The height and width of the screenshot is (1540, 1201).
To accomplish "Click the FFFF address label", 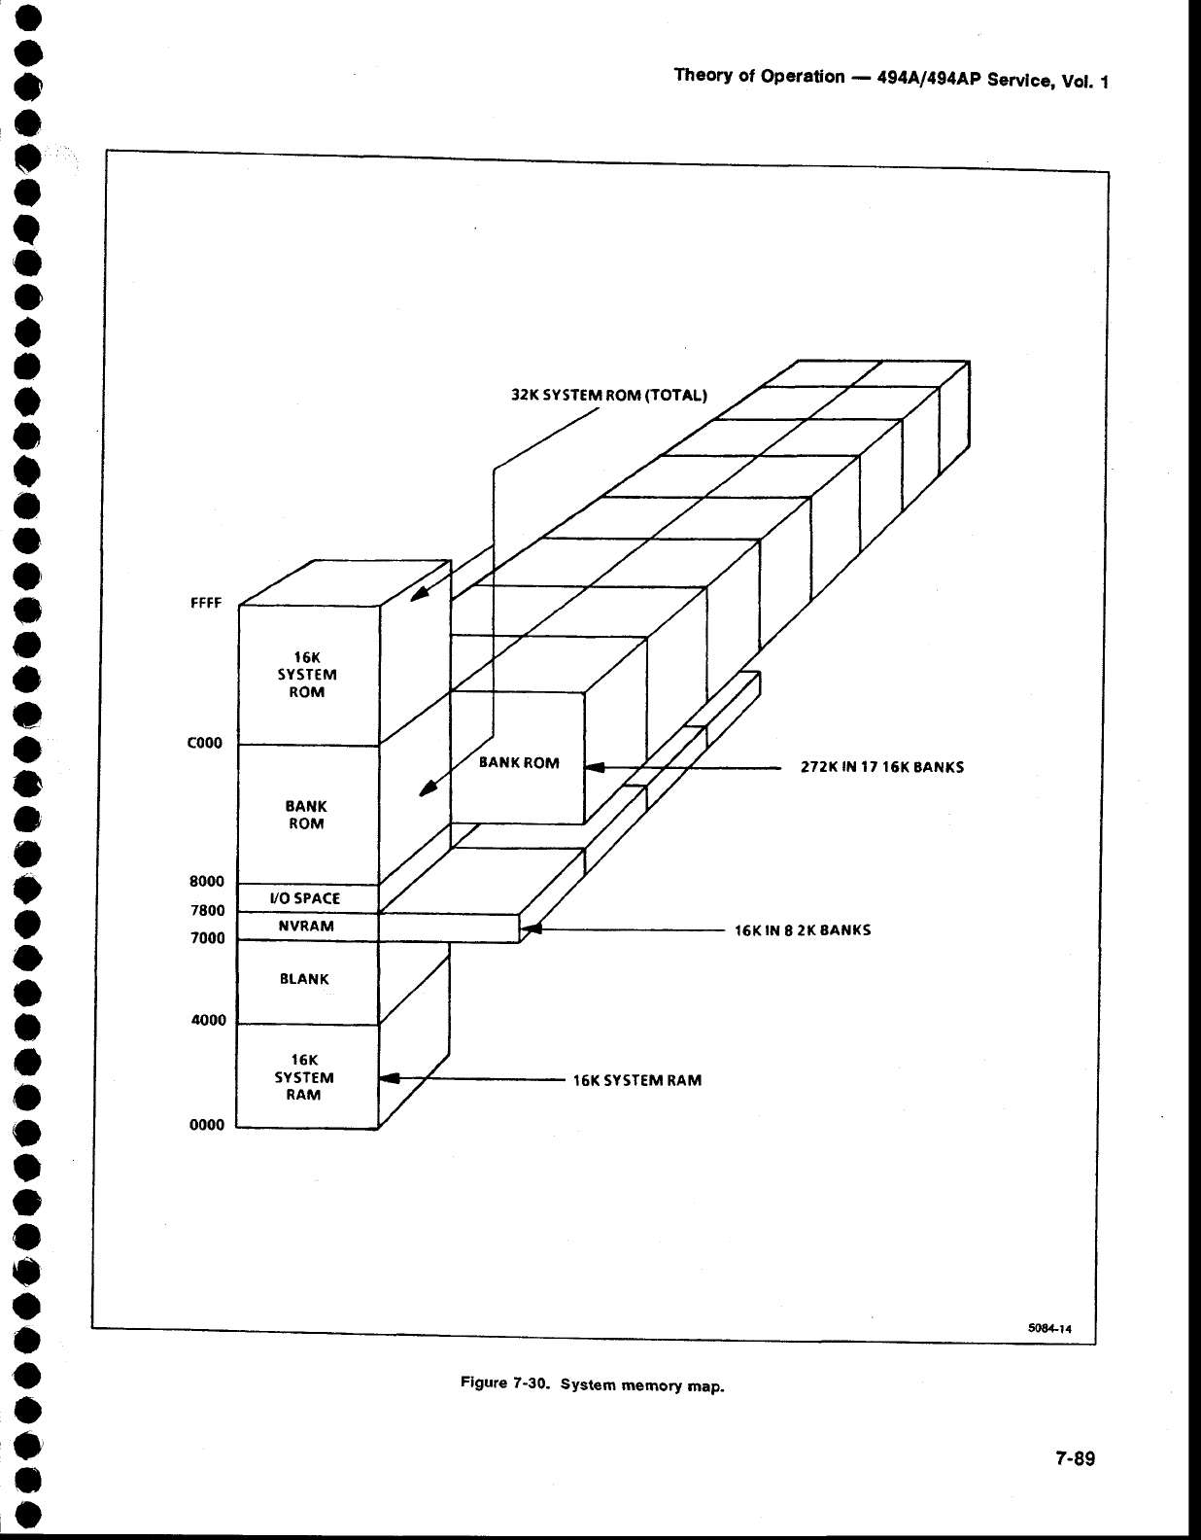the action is coord(206,603).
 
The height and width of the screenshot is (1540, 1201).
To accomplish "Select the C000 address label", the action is coord(205,744).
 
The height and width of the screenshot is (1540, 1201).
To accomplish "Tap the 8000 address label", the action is coord(207,882).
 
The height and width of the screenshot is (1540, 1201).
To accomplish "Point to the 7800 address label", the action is coord(207,911).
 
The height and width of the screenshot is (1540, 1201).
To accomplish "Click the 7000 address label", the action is coord(207,938).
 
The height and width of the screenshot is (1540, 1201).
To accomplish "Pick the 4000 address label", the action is coord(207,1020).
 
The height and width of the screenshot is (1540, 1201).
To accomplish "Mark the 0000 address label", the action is coord(206,1125).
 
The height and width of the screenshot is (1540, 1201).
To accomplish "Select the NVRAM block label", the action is coord(306,927).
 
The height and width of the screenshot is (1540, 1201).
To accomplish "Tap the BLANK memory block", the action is coord(305,979).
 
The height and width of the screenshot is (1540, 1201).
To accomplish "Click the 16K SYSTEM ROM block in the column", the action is coord(306,674).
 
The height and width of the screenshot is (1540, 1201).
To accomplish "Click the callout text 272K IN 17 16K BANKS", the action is coord(882,766).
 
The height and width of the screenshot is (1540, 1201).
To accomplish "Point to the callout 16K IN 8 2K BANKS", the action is coord(803,929).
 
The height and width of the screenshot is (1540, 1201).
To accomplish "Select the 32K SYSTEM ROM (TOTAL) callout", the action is coord(610,395).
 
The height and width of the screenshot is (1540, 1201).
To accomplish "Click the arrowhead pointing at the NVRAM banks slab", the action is coord(531,930).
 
